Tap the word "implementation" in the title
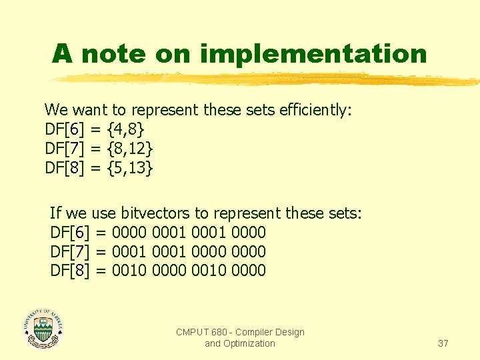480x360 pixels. click(313, 53)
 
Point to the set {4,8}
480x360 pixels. click(125, 129)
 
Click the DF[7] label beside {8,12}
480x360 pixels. click(64, 149)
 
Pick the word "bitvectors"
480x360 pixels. click(153, 213)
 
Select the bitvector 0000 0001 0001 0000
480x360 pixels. click(189, 233)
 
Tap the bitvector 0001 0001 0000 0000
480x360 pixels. click(189, 252)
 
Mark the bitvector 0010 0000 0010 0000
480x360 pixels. click(189, 271)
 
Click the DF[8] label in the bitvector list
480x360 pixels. click(69, 271)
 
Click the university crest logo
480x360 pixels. click(43, 328)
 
